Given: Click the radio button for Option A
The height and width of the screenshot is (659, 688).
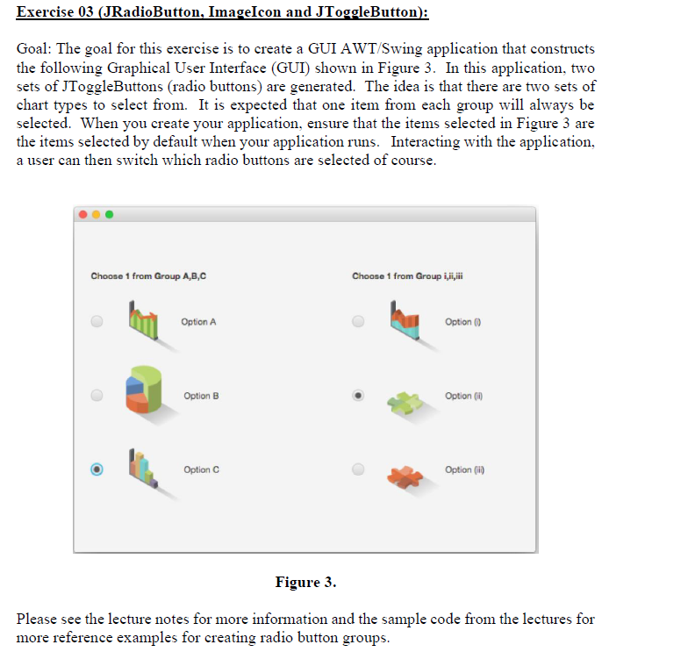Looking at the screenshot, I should pos(97,322).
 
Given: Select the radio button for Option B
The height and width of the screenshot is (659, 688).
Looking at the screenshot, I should pos(97,396).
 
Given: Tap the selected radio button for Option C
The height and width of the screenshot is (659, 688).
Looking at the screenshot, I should pos(97,469).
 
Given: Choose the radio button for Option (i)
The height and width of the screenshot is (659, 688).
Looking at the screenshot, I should pos(358,322).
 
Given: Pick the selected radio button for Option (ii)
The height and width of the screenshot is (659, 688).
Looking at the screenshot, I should pos(358,396).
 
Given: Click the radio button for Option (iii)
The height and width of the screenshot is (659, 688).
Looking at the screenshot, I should pos(358,469).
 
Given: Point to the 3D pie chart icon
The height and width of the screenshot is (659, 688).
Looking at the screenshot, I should pos(145,391).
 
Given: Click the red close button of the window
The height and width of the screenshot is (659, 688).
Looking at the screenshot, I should pos(83,214).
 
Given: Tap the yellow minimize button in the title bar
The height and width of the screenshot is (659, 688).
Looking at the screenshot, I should pos(97,214).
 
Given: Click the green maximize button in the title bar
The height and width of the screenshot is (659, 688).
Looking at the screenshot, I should pos(110,214).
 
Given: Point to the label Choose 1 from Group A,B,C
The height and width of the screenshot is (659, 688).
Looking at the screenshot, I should pos(148,276).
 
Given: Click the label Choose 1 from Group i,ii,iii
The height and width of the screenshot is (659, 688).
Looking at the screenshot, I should pos(406,276).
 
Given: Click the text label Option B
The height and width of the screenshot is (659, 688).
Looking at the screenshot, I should pos(201,397).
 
